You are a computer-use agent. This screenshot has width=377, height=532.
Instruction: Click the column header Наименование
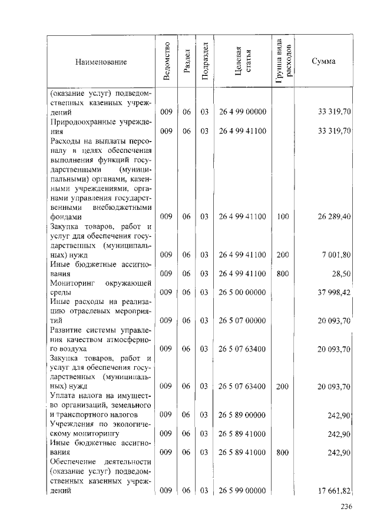coord(100,61)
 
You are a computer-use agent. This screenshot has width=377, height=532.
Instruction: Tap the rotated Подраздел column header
coord(204,61)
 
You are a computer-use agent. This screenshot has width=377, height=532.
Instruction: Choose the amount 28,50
coord(342,273)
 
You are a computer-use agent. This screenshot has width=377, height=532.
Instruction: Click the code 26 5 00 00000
coord(243,292)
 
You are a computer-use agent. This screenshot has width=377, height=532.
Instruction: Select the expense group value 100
coord(283,216)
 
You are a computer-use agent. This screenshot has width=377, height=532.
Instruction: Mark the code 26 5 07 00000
coord(243,320)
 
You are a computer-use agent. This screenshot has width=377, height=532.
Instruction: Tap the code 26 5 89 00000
coord(243,415)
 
